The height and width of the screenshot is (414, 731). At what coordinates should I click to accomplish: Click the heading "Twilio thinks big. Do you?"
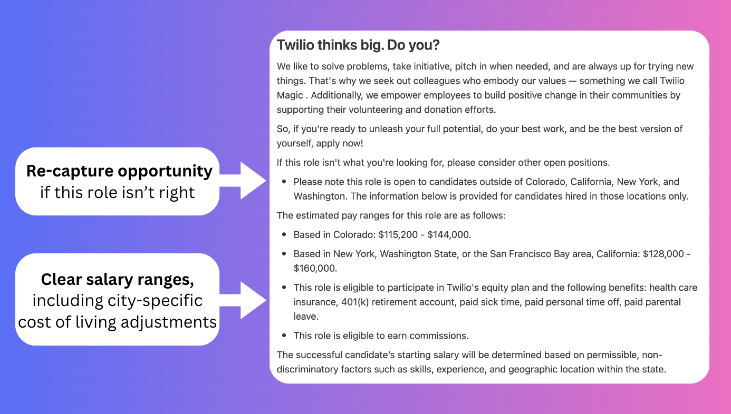tap(358, 45)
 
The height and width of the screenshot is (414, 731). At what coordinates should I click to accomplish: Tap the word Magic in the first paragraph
tap(290, 95)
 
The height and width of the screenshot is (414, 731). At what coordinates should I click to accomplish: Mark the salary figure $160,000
tap(315, 268)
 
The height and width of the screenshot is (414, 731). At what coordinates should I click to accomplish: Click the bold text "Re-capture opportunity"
tap(119, 171)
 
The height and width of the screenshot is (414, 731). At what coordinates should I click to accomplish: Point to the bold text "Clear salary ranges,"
tap(117, 279)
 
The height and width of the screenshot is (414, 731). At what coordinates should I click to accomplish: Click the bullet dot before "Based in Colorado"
tap(284, 235)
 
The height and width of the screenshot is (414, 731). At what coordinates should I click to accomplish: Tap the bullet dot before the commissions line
tap(284, 336)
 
